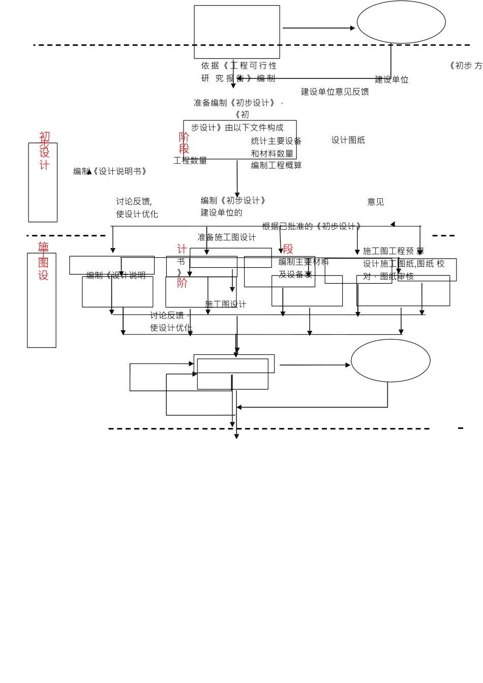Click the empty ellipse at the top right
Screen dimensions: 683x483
[x=401, y=22]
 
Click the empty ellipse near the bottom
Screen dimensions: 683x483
[x=390, y=361]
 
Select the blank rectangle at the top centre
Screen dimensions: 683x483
[x=237, y=32]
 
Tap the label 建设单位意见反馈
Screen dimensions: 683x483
[x=335, y=92]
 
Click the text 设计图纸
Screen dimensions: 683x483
[x=348, y=140]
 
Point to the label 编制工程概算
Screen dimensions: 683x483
[x=276, y=166]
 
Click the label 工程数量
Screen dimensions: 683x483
[x=190, y=161]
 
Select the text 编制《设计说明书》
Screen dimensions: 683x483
[x=110, y=172]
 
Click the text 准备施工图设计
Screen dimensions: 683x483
[x=227, y=237]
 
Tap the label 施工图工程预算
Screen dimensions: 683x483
[x=393, y=251]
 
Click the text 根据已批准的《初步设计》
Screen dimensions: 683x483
[x=312, y=226]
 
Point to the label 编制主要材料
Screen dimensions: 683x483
[x=304, y=262]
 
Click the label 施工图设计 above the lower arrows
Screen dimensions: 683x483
[x=225, y=304]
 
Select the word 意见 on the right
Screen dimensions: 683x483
[x=376, y=202]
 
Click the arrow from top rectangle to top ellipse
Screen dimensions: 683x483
[x=318, y=28]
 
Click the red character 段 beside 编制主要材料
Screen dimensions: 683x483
[x=288, y=249]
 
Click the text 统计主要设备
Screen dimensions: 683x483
[x=276, y=141]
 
